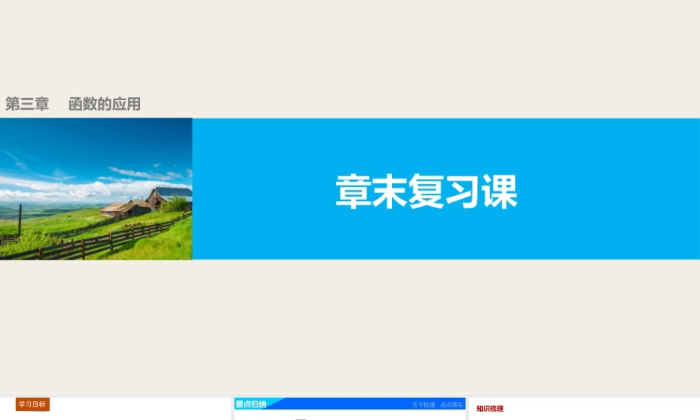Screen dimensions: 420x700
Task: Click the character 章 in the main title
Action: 353,191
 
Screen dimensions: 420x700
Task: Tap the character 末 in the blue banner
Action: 389,191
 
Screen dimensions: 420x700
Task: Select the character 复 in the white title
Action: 426,191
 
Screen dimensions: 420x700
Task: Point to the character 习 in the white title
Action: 463,191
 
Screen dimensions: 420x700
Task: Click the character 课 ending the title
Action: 499,191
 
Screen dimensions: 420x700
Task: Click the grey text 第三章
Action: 27,104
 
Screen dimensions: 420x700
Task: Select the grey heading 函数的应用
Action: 105,104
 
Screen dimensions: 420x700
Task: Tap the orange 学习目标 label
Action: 32,405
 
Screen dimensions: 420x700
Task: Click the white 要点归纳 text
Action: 251,405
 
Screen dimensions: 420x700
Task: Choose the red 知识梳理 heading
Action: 490,409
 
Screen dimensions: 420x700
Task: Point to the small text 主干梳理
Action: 423,405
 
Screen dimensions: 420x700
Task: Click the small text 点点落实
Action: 451,405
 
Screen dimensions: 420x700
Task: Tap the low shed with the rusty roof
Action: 123,208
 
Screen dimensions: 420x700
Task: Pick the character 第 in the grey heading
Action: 13,104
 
